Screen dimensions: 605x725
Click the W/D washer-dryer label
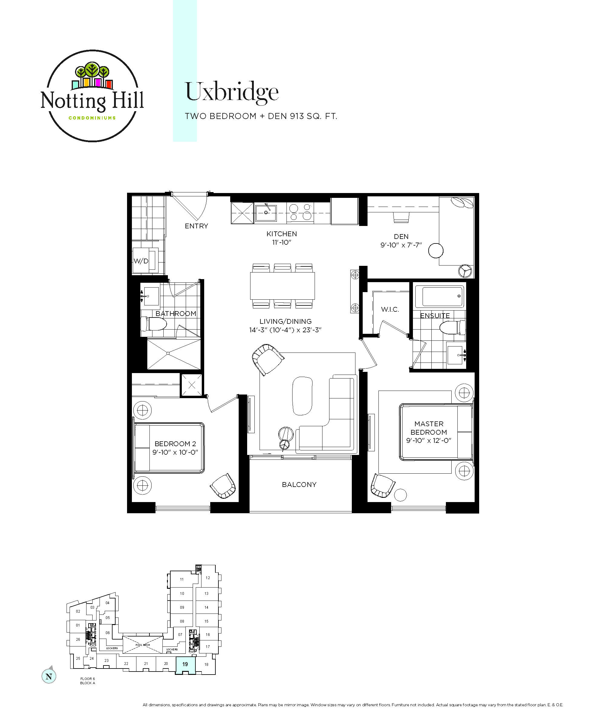click(141, 261)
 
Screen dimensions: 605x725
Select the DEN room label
click(401, 237)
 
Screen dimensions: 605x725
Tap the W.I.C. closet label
click(390, 309)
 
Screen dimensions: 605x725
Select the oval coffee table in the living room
click(302, 396)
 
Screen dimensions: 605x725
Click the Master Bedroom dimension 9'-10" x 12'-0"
click(429, 440)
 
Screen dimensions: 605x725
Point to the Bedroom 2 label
click(175, 444)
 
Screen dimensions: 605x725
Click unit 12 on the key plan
click(208, 578)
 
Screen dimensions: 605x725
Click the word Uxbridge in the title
click(232, 92)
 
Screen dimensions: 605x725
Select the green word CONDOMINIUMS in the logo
click(92, 118)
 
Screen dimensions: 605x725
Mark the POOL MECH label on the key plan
click(142, 645)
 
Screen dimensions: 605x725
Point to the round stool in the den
click(436, 251)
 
